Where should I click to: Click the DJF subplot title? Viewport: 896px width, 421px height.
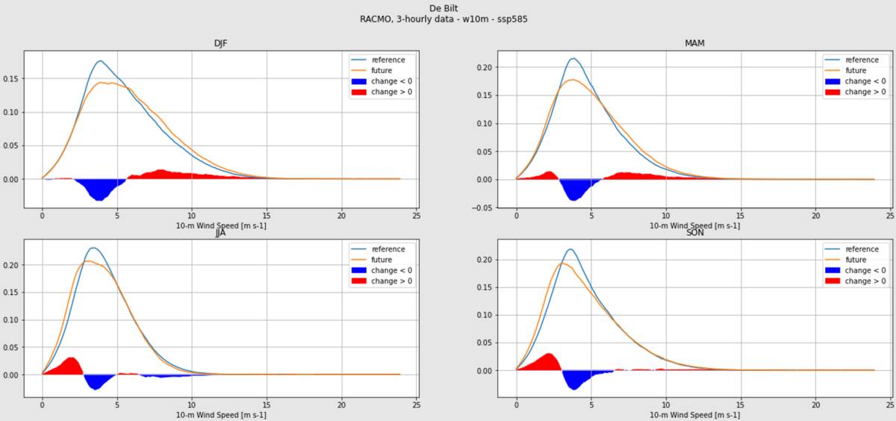coord(220,43)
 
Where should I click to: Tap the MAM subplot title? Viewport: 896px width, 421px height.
coord(694,43)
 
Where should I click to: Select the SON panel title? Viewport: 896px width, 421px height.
coord(694,233)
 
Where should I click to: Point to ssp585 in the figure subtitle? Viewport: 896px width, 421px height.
coord(513,19)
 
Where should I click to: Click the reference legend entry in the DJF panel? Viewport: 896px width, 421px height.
coord(388,60)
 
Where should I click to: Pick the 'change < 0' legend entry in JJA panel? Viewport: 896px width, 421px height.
coord(391,270)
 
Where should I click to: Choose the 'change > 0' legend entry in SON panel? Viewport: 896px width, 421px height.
coord(865,281)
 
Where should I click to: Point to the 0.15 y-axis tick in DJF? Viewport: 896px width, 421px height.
coord(11,78)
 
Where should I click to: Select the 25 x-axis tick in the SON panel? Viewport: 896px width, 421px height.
coord(889,405)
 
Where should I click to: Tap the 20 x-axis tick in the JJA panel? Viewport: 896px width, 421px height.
coord(341,405)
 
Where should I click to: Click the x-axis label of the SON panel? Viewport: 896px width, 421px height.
coord(694,415)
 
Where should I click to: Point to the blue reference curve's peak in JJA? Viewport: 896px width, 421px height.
coord(93,248)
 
